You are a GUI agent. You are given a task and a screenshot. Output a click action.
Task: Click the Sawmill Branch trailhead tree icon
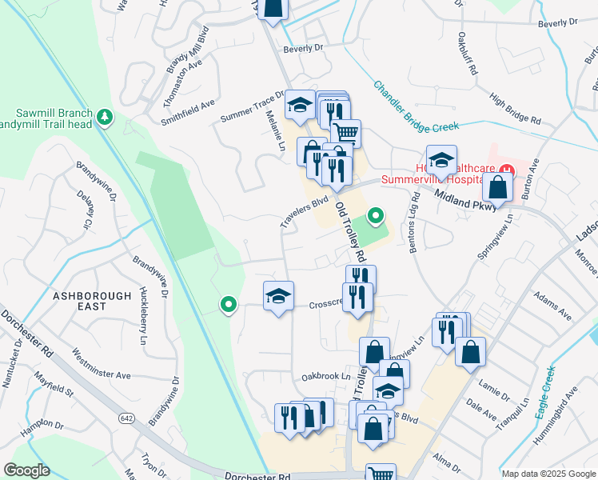coord(104,118)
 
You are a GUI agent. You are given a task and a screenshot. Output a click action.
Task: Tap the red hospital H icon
coord(505,170)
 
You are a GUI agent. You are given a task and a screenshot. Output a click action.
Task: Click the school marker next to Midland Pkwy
coord(441,160)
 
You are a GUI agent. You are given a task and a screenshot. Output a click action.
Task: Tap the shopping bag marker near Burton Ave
coord(497,189)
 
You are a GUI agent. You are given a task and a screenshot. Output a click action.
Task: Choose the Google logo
coord(26,470)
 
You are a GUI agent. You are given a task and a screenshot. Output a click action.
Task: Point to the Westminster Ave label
coord(101,363)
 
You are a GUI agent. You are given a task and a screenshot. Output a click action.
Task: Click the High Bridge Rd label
coord(516,110)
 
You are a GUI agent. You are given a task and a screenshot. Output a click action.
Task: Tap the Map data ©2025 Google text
coord(548,474)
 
